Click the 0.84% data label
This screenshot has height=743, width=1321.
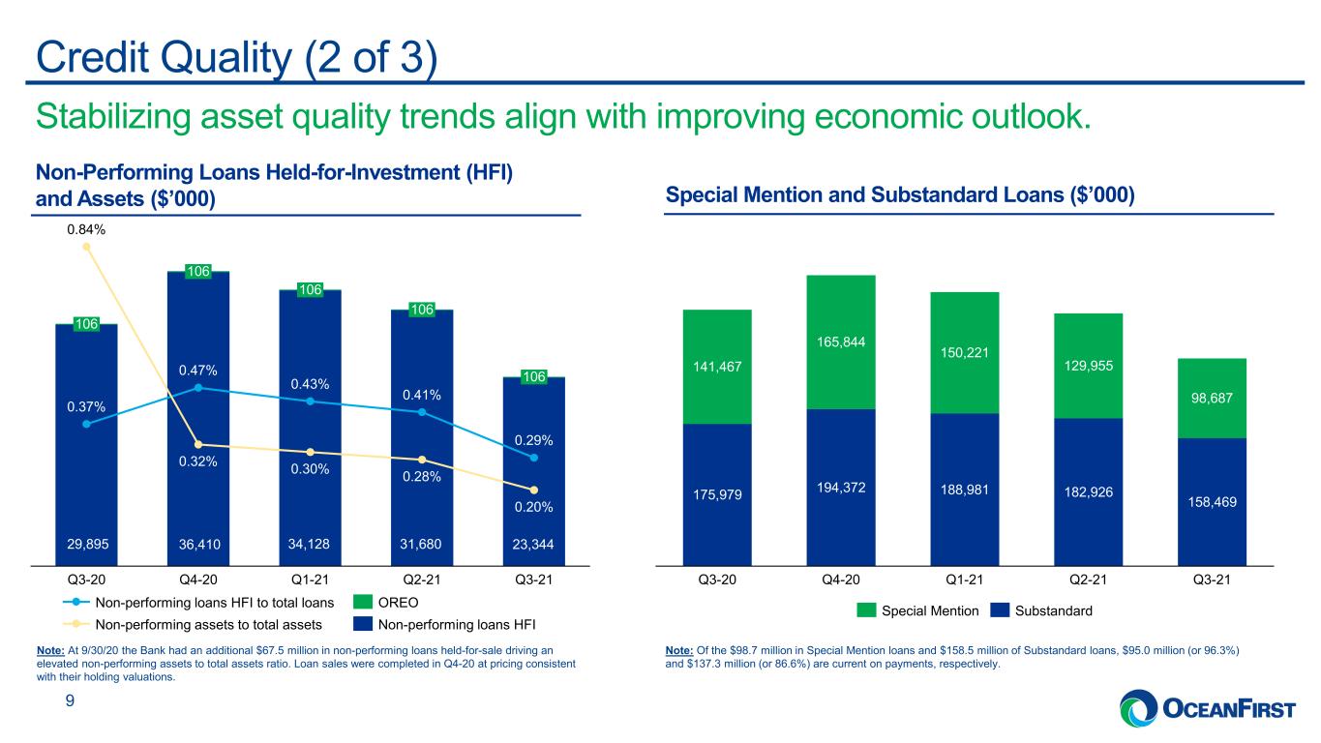point(86,230)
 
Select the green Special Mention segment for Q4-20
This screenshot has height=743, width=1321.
point(841,342)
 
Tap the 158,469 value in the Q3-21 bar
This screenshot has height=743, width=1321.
point(1212,502)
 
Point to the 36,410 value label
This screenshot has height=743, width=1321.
point(199,544)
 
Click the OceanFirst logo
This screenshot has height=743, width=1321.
point(1208,708)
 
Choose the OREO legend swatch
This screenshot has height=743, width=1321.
point(363,602)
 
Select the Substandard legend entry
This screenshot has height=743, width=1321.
point(1041,610)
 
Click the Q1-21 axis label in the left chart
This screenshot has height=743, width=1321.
point(311,580)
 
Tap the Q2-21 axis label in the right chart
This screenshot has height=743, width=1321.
point(1088,580)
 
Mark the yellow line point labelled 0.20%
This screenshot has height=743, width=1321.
point(533,490)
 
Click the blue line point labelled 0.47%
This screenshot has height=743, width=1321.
point(198,387)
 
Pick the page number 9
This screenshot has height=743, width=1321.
point(70,700)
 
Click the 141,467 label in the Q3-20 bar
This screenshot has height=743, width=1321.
point(717,367)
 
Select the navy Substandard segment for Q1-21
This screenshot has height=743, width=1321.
point(965,490)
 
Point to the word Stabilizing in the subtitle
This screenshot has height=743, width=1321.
point(112,117)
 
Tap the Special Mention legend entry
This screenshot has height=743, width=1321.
point(917,610)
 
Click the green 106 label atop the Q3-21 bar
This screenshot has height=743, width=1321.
point(533,376)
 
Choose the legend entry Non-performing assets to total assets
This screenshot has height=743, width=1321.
point(193,624)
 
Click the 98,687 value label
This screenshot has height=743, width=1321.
point(1212,398)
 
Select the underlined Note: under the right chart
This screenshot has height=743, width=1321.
point(678,650)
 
